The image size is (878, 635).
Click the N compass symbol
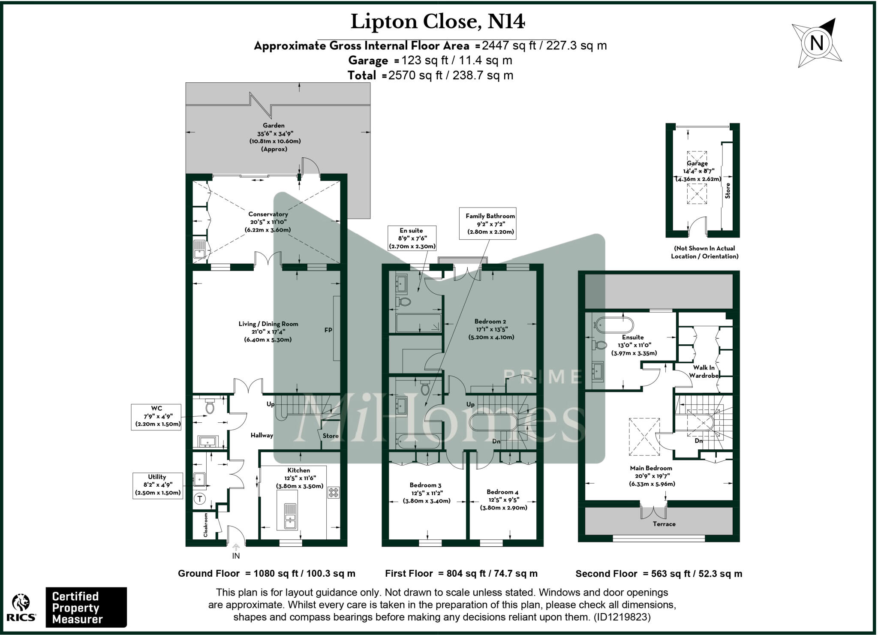[817, 43]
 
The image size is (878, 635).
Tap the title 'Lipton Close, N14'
[437, 22]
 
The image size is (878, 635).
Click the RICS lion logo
[21, 605]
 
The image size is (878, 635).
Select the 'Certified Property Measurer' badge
[86, 608]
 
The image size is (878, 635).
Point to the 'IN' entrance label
[236, 556]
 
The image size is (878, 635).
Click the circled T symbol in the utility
[200, 499]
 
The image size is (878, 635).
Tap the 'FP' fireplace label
[328, 330]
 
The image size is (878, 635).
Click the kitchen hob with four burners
[334, 493]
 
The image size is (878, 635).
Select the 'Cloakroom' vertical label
[206, 525]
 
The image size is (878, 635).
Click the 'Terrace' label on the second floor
[664, 524]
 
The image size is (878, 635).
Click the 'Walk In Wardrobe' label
[704, 371]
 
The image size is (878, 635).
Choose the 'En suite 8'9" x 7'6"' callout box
[412, 238]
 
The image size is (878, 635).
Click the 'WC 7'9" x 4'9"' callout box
[156, 416]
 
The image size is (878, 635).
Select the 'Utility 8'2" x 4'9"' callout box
[157, 485]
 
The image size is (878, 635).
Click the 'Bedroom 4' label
[502, 492]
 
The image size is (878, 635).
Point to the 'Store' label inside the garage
[728, 191]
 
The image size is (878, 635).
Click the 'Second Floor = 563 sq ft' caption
[658, 574]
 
